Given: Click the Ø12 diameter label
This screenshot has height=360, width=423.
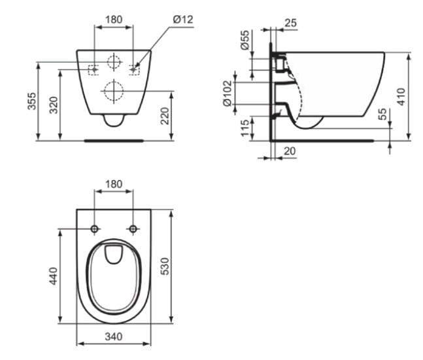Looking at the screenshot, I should coord(184,20).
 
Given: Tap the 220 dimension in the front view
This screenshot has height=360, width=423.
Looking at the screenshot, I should coord(165,116).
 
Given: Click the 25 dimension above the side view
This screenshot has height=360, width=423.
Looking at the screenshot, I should coord(291,23).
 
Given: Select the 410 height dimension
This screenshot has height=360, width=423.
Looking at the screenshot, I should coord(401,97).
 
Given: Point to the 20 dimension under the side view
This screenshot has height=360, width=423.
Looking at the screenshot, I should coord(290,151).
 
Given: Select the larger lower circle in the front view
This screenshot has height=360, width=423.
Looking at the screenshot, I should coord(114,91).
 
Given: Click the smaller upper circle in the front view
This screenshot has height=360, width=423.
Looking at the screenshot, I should coord(114,63).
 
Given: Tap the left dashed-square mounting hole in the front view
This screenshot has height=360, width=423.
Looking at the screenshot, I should coord(94,69).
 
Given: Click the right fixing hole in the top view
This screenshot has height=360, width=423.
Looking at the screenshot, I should coord(133,228).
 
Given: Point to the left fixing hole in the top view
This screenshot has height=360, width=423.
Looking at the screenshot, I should coord(95,228).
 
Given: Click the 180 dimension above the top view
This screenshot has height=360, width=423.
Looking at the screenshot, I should coord(114,184).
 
